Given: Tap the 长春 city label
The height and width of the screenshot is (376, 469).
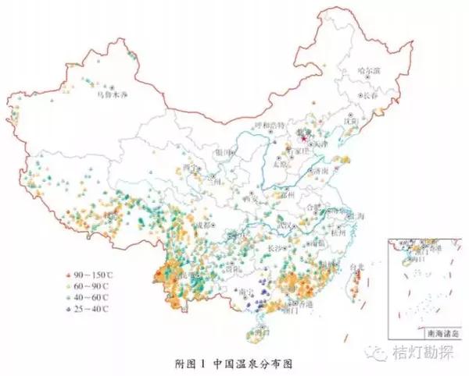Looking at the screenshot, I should coord(371,95).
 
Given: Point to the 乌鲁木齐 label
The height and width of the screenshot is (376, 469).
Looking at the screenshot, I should coord(109,94).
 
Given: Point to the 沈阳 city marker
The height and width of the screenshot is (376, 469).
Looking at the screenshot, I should coord(351,122).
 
